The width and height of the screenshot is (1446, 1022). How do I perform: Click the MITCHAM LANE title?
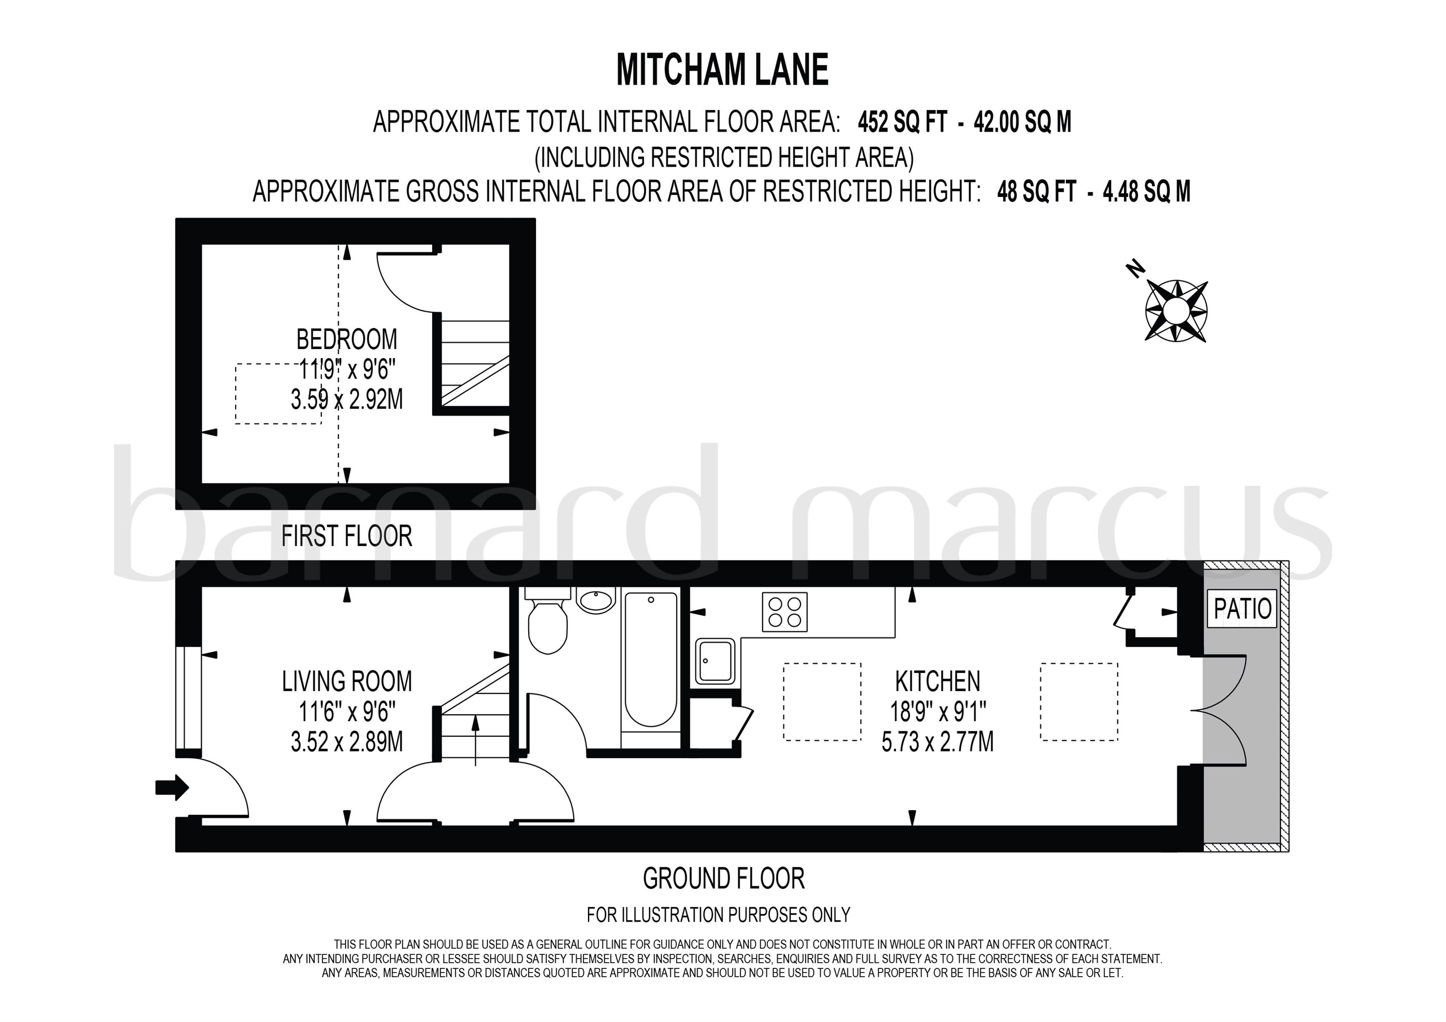(x=722, y=70)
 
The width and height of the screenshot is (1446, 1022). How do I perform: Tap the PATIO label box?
(x=1242, y=609)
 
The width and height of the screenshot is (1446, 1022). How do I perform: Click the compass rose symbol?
(x=1175, y=311)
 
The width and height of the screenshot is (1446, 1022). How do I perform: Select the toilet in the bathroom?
(x=547, y=624)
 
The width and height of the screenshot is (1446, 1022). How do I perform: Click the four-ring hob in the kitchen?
(x=784, y=612)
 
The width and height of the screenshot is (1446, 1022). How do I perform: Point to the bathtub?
(x=651, y=660)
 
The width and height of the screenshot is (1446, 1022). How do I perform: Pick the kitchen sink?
(x=716, y=661)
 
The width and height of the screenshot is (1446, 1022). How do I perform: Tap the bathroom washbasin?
(x=596, y=600)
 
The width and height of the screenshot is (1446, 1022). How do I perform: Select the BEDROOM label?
(x=346, y=340)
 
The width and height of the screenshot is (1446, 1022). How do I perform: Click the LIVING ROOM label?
(x=346, y=682)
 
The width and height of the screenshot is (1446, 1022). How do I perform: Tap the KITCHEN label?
(x=937, y=682)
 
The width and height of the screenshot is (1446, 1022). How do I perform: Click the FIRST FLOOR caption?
(x=346, y=536)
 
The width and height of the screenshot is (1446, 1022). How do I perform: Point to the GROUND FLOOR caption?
(x=724, y=879)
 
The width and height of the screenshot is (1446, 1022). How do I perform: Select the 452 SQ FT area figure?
(x=902, y=122)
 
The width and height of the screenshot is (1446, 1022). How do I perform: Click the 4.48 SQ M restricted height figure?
(x=1146, y=191)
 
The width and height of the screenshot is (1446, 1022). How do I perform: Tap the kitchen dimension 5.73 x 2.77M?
(x=937, y=742)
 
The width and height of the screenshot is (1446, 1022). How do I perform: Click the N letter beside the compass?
(x=1135, y=269)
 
